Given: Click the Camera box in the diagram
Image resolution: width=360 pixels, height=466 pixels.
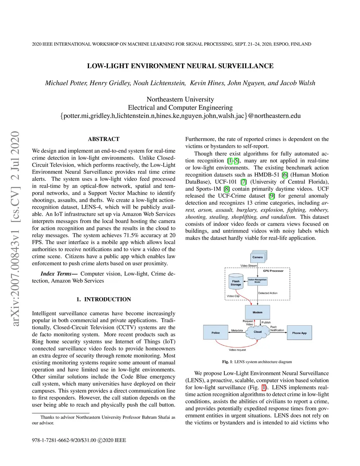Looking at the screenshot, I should tap(258, 257).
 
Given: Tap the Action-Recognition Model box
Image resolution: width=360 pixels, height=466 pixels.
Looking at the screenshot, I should tap(257, 281).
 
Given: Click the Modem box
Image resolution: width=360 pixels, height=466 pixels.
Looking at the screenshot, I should tap(257, 312).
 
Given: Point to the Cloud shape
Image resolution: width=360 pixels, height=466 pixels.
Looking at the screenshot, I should tap(258, 332).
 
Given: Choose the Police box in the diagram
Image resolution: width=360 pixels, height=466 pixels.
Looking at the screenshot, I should tap(216, 332).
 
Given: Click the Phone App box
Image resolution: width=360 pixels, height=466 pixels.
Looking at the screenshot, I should tap(299, 333).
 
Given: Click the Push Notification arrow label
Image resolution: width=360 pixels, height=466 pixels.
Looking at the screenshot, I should tap(277, 328).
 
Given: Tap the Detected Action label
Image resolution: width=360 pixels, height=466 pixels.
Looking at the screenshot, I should tap(268, 293).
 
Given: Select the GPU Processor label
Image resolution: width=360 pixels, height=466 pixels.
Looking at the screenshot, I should tap(273, 271).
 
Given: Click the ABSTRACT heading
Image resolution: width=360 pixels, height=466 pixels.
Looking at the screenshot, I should tap(104, 139).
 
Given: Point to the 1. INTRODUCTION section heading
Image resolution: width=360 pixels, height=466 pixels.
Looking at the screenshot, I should tap(104, 299).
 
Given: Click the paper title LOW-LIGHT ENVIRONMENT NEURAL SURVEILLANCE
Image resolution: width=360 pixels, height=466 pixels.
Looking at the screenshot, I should tap(180, 66).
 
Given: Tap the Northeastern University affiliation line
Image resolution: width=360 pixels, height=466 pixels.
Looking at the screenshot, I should tap(180, 99).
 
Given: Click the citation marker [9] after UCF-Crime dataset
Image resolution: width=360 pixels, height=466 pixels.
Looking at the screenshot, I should tap(272, 196).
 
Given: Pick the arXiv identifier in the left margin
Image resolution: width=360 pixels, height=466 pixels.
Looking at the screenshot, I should tap(15, 229).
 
